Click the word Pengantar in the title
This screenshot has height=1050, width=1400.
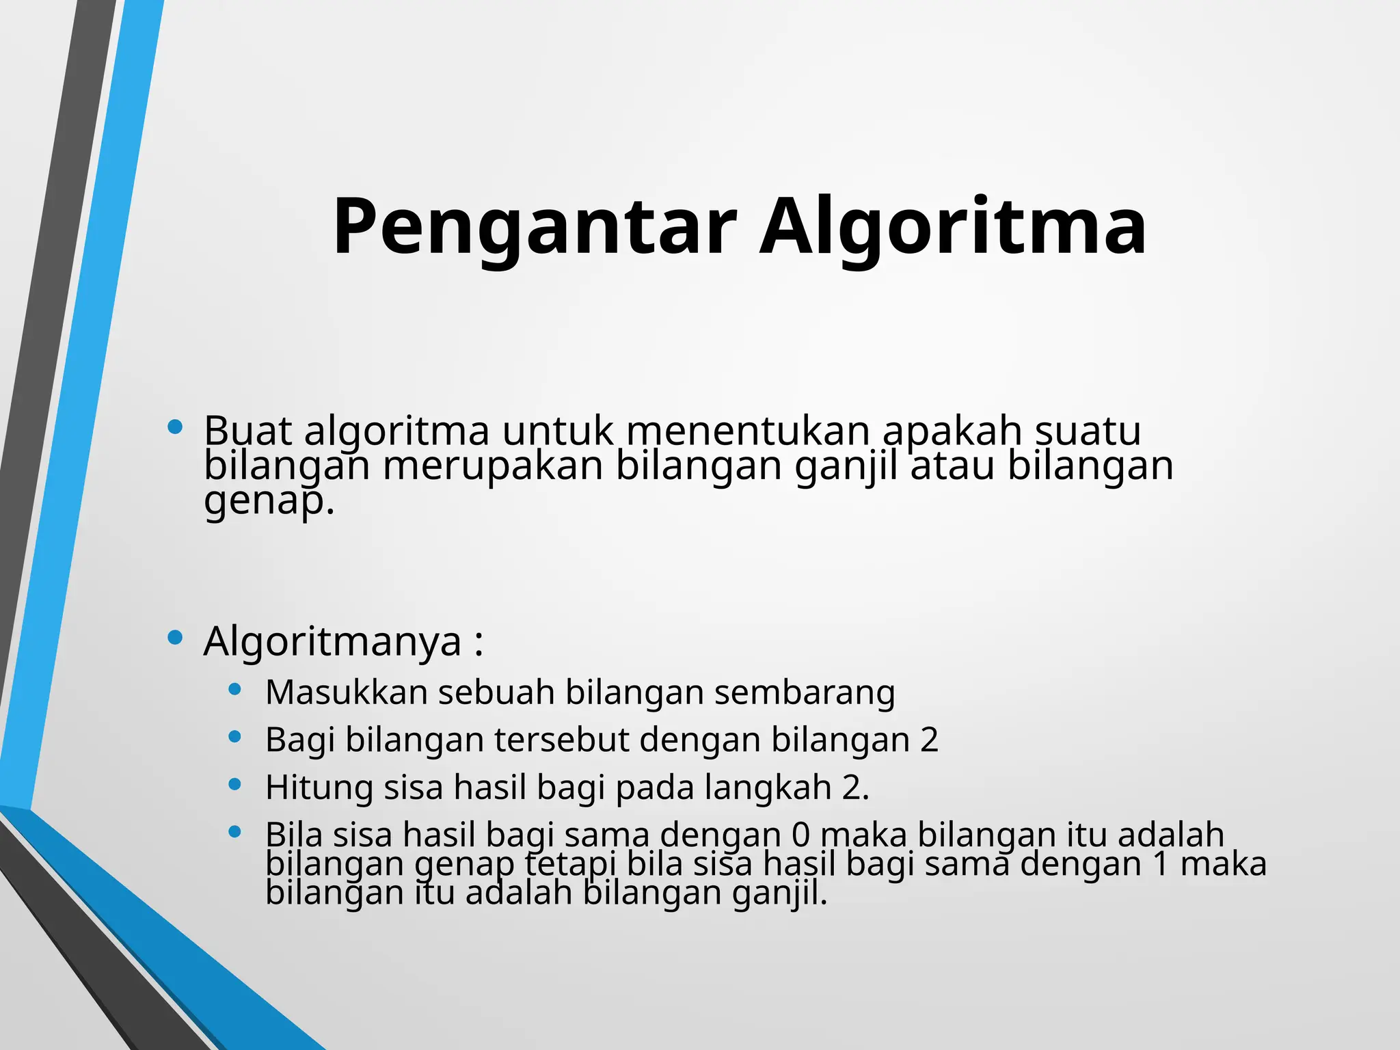coord(534,228)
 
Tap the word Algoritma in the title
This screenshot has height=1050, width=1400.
coord(953,228)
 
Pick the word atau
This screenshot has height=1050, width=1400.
coord(952,466)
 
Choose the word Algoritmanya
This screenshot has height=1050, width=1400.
coord(332,642)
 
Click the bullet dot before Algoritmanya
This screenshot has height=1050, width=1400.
coord(175,638)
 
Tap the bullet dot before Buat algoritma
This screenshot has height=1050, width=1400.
coord(175,427)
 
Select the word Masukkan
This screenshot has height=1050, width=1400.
coord(346,692)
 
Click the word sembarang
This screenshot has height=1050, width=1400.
coord(805,693)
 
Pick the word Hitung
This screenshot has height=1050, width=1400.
coord(319,787)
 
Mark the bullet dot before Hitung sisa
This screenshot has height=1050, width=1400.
coord(235,784)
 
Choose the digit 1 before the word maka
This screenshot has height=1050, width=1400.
coord(1161,864)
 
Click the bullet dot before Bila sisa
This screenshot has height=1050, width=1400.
coord(235,832)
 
